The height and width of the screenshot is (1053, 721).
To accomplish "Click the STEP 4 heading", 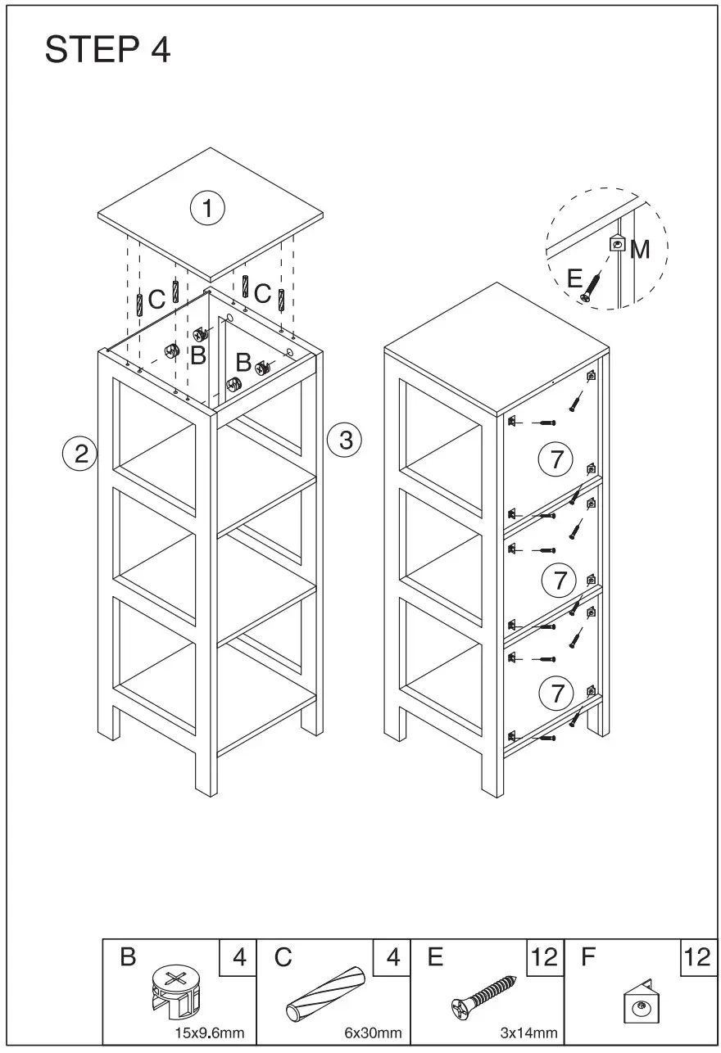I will point(107,51).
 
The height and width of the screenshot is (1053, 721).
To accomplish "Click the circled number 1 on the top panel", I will point(207,208).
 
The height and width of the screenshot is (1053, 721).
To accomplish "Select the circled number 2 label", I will point(80,453).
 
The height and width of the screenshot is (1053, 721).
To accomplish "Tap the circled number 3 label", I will point(344,440).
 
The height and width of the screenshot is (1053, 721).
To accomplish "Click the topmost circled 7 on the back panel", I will point(556,459).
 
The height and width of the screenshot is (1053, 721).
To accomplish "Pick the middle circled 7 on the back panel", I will point(560,581).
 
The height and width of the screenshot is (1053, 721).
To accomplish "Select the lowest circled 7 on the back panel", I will point(556,694).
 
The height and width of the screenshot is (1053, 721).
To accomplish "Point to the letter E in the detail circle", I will point(575,278).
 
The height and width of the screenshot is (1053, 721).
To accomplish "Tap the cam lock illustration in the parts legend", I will point(175,992).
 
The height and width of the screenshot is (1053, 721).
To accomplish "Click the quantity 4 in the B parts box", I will point(238,957).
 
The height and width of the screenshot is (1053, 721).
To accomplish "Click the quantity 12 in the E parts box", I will point(544,957).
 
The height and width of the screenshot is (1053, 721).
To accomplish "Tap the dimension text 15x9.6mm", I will point(209,1033).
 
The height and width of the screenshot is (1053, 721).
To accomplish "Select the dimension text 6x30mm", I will point(373,1033).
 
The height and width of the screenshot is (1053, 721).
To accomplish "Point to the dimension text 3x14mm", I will point(528,1033).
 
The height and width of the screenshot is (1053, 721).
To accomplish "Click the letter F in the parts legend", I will point(587,957).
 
